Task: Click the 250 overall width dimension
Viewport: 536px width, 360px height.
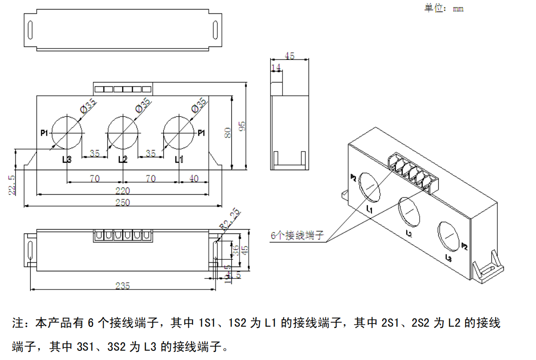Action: pos(123,203)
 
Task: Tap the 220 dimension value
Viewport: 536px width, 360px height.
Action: pos(123,190)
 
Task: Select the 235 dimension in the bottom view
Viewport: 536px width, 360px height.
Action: pos(123,286)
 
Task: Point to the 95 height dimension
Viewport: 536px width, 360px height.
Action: pos(242,126)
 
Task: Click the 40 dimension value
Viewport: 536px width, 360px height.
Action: pos(194,178)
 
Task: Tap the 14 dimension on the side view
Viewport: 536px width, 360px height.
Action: pos(275,67)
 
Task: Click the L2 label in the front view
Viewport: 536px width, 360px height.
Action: pos(123,159)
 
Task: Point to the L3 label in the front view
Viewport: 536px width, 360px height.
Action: pos(67,159)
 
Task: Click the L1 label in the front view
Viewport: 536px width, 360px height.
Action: pos(179,159)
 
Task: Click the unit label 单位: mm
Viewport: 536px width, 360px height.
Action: pos(444,8)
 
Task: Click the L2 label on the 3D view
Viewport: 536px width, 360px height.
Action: pos(409,233)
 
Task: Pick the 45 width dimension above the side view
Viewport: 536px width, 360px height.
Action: pos(289,56)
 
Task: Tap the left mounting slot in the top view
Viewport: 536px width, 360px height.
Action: pos(31,29)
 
